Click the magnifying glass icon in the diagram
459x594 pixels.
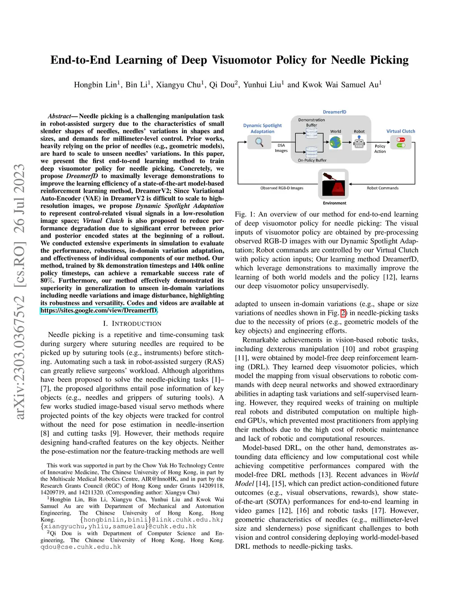259,142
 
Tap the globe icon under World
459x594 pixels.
335,142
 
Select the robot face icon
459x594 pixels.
359,143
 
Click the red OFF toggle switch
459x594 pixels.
401,139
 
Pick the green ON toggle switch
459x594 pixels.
401,145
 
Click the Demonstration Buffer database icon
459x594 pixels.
312,133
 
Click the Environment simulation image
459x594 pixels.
333,184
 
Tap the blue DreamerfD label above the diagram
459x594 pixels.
334,112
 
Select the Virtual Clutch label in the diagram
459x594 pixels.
401,131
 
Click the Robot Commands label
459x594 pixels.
382,188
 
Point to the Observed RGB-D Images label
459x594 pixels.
281,188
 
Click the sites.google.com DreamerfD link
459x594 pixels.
99,310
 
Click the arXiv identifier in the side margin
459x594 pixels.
20,291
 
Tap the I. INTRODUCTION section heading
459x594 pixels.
132,324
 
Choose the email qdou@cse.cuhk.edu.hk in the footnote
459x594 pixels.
81,547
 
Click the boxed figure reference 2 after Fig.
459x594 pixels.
343,313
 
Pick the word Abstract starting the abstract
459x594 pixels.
59,116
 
